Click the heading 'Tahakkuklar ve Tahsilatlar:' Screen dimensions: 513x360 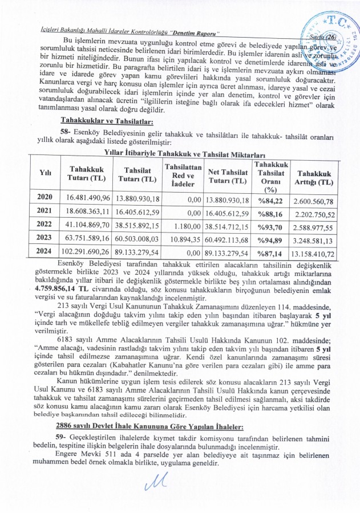[107, 121]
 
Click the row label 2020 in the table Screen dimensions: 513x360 [45, 198]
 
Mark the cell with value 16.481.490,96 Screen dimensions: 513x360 [87, 198]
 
